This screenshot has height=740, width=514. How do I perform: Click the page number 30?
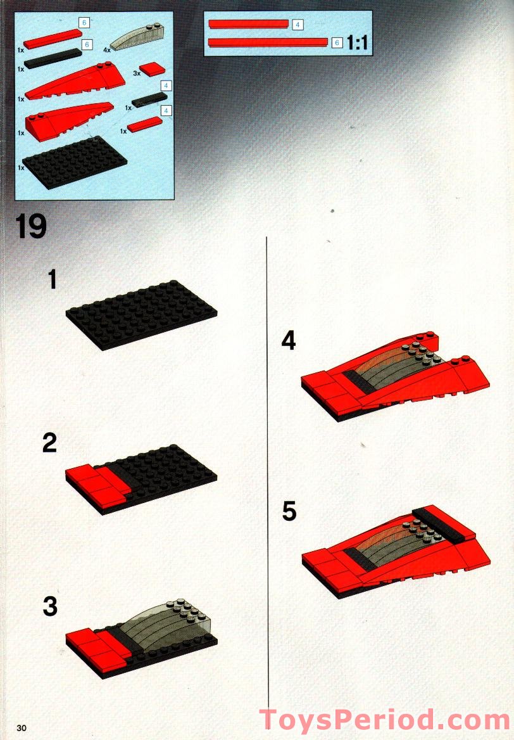[x=22, y=727]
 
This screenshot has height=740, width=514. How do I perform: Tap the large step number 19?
[x=31, y=226]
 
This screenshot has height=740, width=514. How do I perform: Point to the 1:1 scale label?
[x=357, y=44]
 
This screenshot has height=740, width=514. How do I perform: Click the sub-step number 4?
[x=289, y=340]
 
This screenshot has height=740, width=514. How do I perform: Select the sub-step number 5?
[x=289, y=511]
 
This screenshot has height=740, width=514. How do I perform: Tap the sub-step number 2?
[x=49, y=443]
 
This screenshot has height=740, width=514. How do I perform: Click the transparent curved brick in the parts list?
[x=131, y=36]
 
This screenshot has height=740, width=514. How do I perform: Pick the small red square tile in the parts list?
[x=153, y=70]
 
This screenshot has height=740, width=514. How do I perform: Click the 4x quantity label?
[x=106, y=49]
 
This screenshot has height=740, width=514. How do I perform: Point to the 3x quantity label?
[x=137, y=73]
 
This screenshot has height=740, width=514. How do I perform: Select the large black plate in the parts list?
[x=75, y=162]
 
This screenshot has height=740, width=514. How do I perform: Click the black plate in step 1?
[x=141, y=314]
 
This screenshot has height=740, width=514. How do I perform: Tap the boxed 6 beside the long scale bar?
[x=337, y=42]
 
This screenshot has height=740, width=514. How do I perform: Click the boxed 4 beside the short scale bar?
[x=298, y=24]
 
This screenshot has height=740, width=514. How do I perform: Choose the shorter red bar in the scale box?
[x=249, y=23]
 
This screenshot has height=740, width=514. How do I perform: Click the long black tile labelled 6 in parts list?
[x=53, y=58]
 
